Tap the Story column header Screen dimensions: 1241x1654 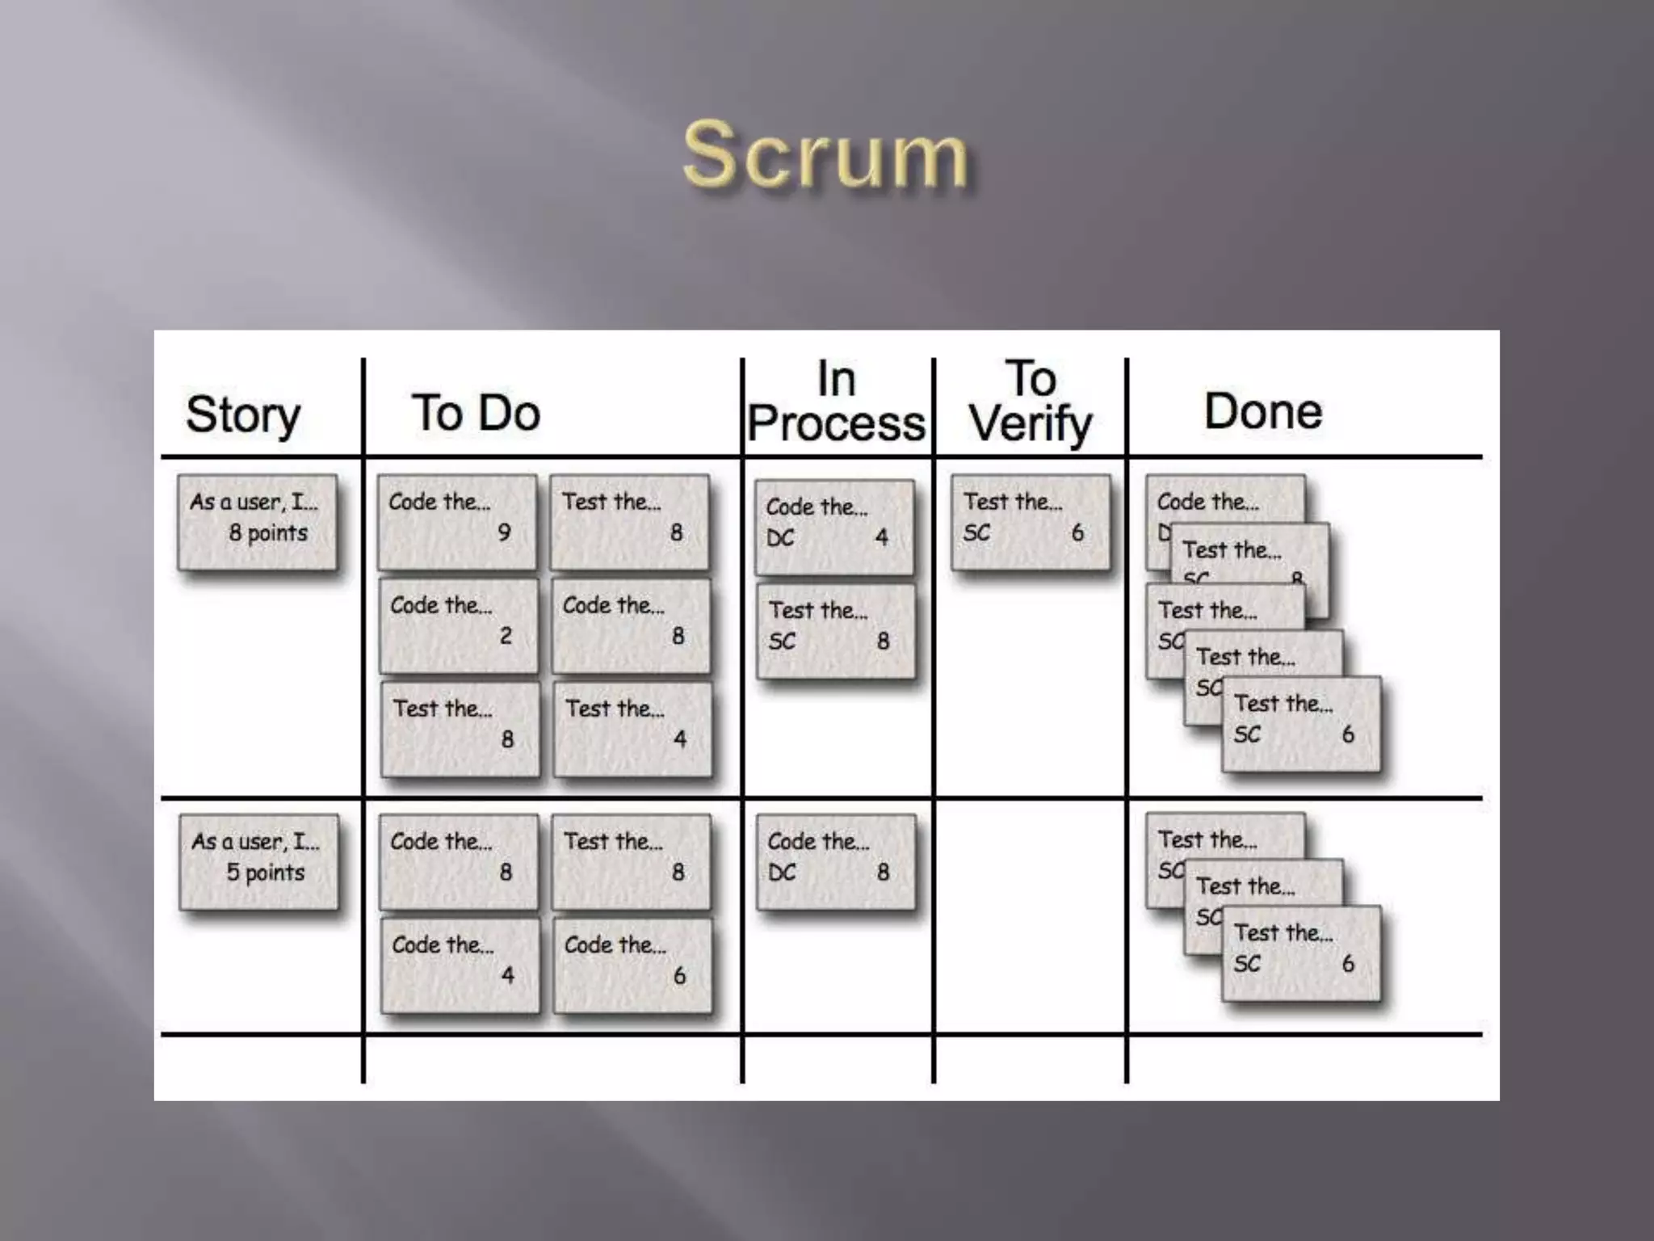click(243, 414)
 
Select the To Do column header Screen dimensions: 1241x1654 click(476, 413)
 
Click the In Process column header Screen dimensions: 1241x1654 click(836, 402)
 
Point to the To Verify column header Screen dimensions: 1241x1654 click(1031, 402)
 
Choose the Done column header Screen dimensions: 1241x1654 click(1263, 411)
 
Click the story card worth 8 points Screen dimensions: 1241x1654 click(257, 522)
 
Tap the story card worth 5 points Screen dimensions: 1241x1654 click(258, 861)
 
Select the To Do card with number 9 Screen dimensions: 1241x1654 click(457, 522)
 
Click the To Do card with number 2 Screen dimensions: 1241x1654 click(458, 625)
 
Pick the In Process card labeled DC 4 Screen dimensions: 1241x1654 click(834, 527)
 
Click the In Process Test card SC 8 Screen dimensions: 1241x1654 click(836, 630)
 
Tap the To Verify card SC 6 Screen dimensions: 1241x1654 click(1031, 522)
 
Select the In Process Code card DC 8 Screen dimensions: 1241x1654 click(836, 861)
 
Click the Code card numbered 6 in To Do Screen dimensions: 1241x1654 click(632, 965)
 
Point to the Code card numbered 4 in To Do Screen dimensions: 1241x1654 click(460, 965)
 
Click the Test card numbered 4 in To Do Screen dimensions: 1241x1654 click(632, 729)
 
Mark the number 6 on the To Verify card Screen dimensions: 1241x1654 click(1077, 532)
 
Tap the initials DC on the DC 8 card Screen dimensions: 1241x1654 click(782, 873)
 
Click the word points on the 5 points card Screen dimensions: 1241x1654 click(275, 873)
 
